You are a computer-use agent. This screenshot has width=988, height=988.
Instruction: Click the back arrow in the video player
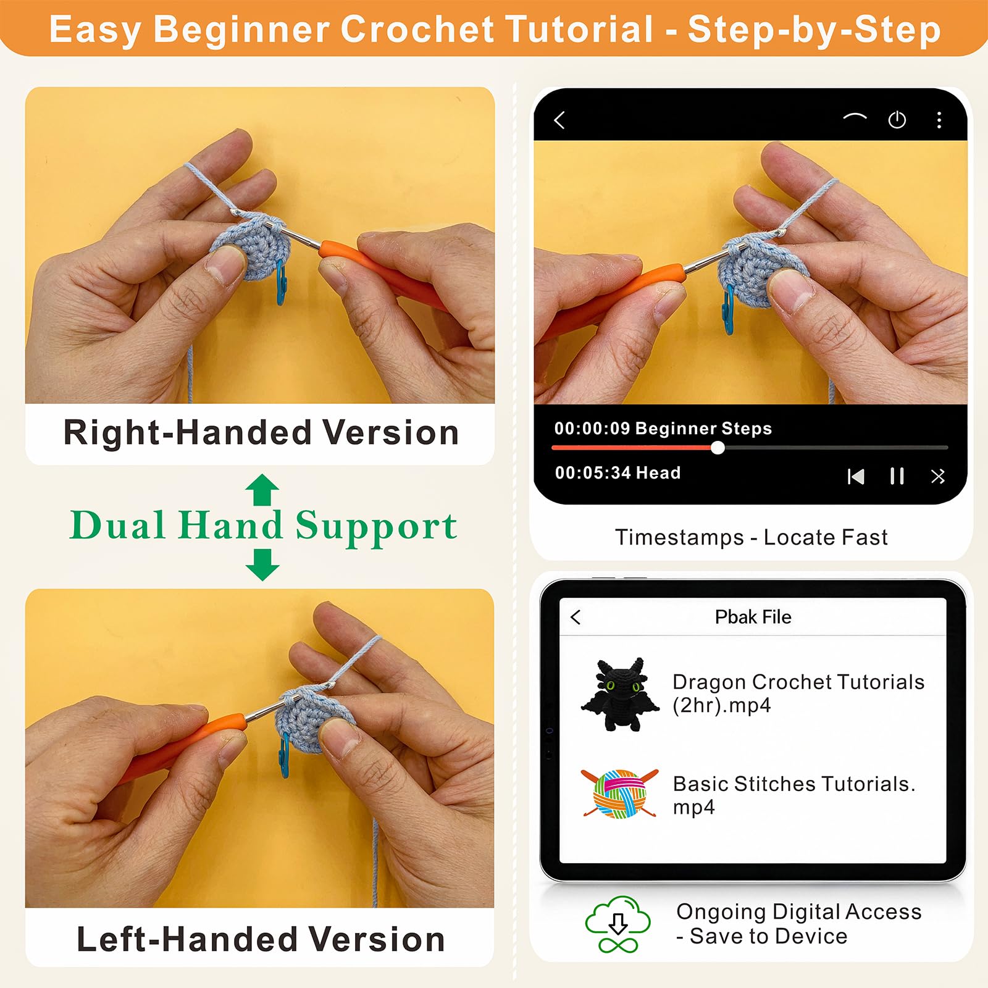coord(559,120)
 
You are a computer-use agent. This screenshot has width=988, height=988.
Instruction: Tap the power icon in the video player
coord(897,119)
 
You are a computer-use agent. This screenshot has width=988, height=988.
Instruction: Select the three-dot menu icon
coord(939,120)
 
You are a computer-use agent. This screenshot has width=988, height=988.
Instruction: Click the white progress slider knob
coord(718,448)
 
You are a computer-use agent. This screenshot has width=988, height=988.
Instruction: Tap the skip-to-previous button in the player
coord(856,476)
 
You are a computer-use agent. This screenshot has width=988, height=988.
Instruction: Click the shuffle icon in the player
coord(938,476)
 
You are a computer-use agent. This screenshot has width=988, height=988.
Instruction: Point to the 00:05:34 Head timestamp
coord(617,473)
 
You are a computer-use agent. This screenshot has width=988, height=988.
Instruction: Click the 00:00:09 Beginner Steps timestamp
coord(663,429)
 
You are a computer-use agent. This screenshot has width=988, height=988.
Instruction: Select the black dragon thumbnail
coord(620,695)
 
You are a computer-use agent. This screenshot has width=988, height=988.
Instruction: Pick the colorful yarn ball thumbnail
coord(620,793)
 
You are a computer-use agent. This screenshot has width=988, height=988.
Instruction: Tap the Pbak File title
coord(753,617)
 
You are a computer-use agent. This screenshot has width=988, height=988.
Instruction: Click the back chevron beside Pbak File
coord(576,617)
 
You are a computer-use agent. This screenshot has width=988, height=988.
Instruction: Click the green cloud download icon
coord(618,924)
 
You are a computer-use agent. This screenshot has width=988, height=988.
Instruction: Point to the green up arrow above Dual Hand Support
coord(262,490)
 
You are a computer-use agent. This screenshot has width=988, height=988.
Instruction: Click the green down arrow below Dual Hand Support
coord(262,564)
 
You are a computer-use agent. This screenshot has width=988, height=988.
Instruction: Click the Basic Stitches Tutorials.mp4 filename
coord(794,795)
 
